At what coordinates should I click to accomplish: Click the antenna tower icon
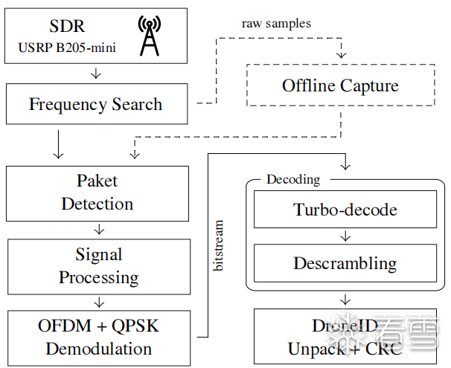149,36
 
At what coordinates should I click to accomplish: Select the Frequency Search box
96,104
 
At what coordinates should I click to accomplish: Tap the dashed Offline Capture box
340,86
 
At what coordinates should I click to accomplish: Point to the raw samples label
276,23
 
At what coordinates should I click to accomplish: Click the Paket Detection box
97,193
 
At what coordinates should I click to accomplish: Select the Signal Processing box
98,266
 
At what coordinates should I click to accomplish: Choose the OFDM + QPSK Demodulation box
98,337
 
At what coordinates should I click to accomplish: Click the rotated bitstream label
218,245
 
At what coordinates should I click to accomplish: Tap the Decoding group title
293,179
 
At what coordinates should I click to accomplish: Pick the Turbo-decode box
345,210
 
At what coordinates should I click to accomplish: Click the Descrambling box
345,263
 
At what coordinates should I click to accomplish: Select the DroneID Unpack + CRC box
345,337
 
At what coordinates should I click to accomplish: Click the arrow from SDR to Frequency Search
96,73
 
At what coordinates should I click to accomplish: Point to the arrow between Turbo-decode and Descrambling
345,236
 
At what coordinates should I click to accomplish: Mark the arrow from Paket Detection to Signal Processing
97,228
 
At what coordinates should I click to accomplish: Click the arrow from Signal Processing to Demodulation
97,301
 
